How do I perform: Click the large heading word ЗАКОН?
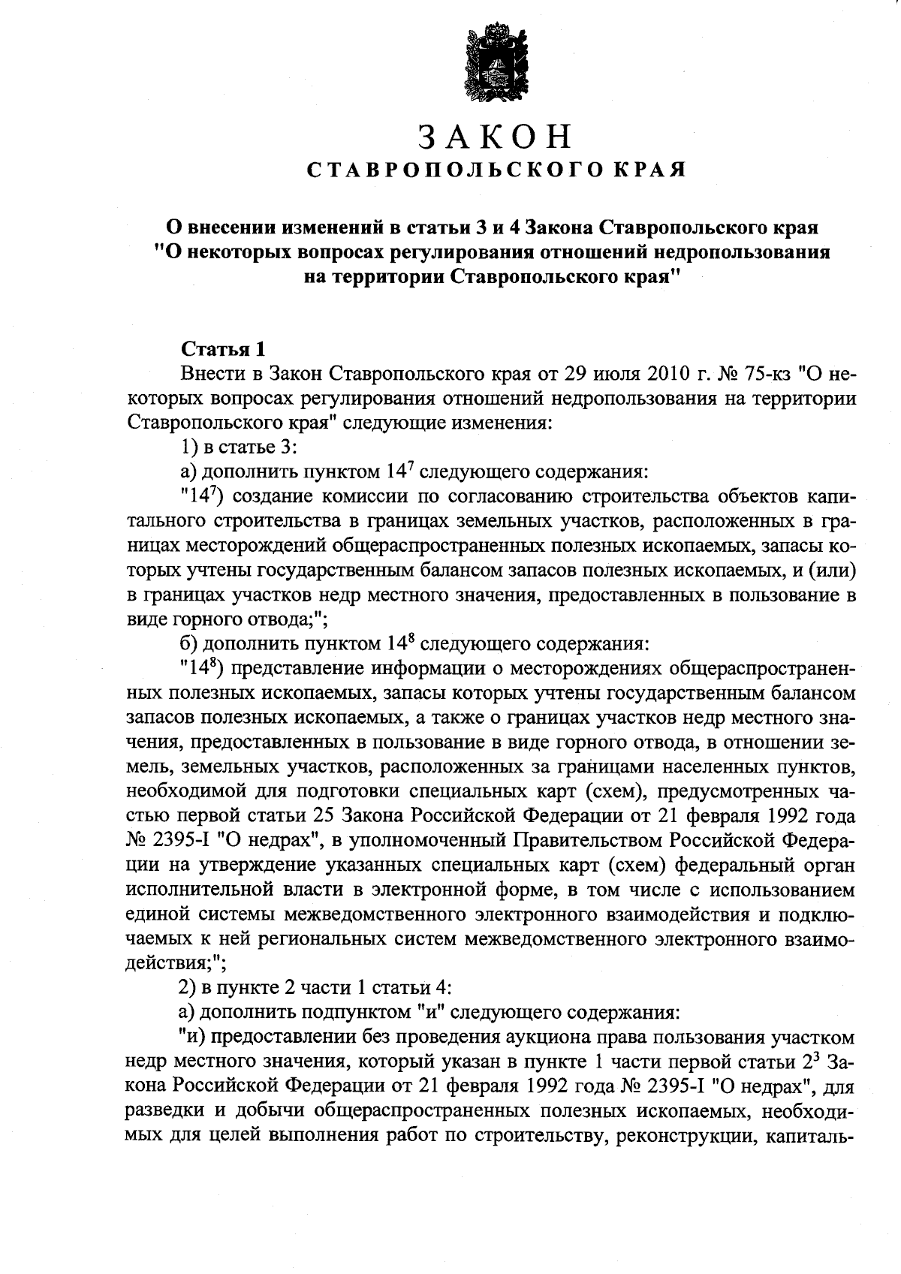(496, 137)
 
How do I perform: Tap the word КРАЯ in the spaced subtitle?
(650, 171)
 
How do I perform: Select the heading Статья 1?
(223, 350)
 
